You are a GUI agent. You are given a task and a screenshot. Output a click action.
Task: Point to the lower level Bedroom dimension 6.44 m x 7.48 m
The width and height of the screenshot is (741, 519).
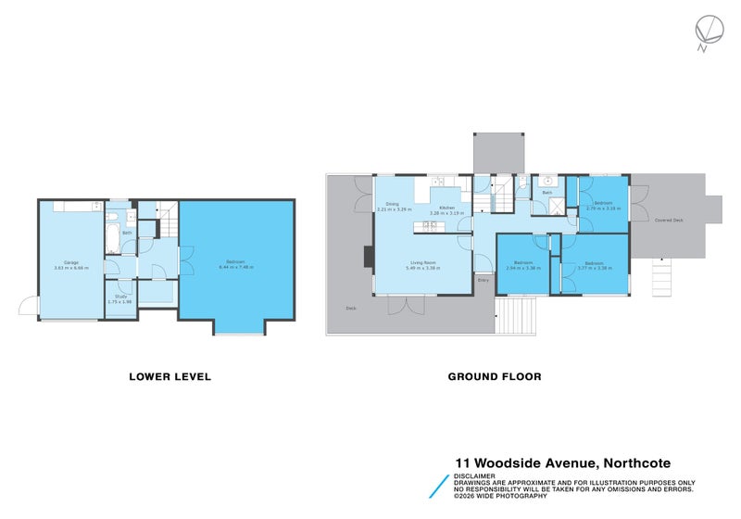pyautogui.click(x=236, y=267)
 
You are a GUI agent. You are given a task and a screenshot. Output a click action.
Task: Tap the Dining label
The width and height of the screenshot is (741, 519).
pyautogui.click(x=393, y=204)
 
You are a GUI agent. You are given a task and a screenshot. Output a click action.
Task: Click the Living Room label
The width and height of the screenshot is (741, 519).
pyautogui.click(x=424, y=263)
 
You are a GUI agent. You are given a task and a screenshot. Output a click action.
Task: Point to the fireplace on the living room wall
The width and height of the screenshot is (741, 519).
pyautogui.click(x=369, y=257)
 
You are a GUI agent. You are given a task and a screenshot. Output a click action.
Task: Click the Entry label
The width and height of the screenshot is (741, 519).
pyautogui.click(x=483, y=279)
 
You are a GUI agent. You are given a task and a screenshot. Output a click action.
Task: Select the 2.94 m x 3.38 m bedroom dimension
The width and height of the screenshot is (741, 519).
pyautogui.click(x=525, y=269)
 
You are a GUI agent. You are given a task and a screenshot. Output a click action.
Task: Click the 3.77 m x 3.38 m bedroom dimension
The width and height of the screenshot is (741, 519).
pyautogui.click(x=594, y=269)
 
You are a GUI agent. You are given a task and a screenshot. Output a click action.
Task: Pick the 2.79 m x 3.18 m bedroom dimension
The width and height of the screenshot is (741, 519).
pyautogui.click(x=602, y=209)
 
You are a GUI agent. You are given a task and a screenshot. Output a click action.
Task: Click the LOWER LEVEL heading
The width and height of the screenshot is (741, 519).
pyautogui.click(x=170, y=376)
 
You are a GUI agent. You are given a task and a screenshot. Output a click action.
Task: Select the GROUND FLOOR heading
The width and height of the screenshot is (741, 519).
pyautogui.click(x=495, y=376)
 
